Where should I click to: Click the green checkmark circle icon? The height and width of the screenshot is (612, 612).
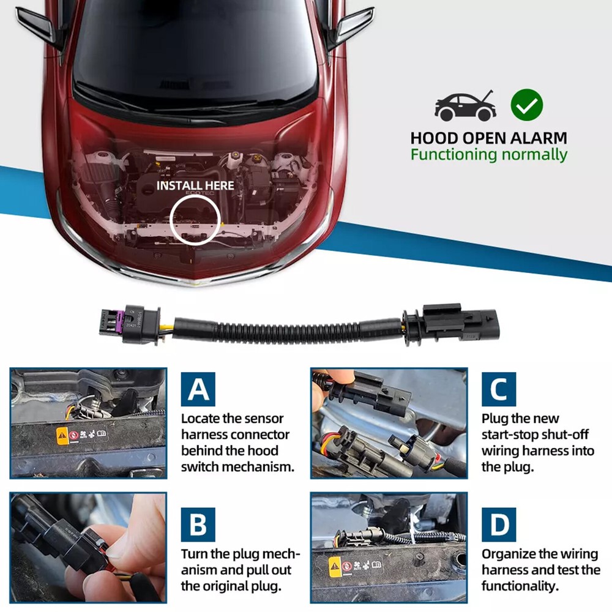pos(527,105)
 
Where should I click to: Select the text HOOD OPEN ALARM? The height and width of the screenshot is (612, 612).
pos(488,138)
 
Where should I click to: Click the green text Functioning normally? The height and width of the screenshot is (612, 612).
pos(488,154)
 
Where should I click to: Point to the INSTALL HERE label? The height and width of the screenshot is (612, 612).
pos(195,185)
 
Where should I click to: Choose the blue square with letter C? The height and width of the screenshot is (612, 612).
pos(498,389)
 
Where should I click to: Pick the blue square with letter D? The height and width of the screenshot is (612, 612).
pos(498,524)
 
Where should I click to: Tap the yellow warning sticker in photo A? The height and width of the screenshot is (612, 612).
pos(62,436)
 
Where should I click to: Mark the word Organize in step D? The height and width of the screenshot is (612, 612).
pos(509,554)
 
